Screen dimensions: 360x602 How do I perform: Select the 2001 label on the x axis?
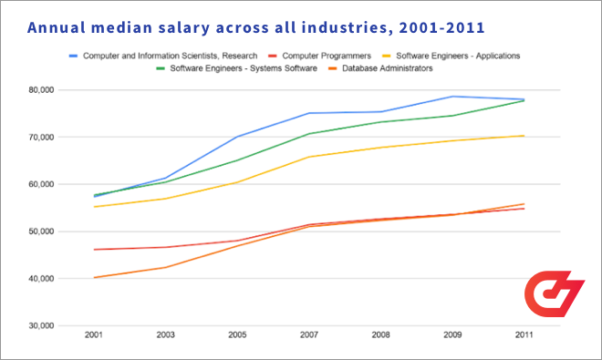click(x=94, y=336)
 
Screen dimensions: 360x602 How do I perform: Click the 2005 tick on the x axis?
click(x=238, y=336)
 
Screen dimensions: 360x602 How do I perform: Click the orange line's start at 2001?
click(x=94, y=277)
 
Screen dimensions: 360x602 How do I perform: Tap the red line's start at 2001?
click(x=94, y=250)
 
